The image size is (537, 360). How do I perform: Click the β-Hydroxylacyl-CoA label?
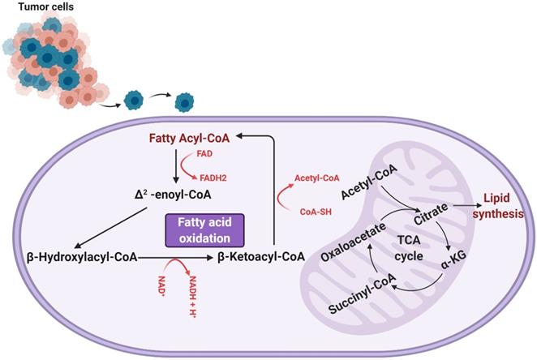(x=75, y=257)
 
